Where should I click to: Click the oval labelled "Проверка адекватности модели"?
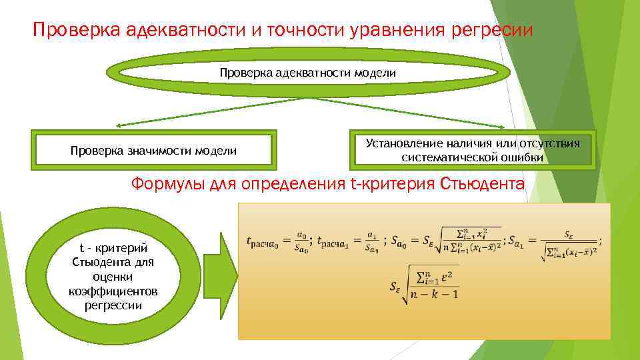pyautogui.click(x=307, y=72)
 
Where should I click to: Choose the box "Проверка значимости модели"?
pyautogui.click(x=153, y=151)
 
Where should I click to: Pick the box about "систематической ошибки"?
pyautogui.click(x=472, y=150)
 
